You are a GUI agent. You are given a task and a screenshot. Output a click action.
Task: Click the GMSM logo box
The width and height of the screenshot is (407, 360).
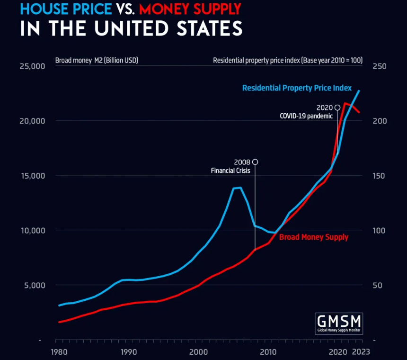(339, 324)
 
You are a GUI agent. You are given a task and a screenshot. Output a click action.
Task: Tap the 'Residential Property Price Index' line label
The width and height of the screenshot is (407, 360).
(297, 88)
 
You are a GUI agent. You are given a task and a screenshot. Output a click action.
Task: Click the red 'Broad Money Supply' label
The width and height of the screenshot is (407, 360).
(313, 237)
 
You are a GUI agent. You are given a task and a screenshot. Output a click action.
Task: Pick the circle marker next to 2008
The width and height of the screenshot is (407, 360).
(255, 162)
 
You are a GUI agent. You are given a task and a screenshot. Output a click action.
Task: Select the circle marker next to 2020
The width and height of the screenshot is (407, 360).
(337, 108)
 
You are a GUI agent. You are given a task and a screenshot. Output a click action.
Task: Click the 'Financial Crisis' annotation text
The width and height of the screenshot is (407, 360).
(230, 171)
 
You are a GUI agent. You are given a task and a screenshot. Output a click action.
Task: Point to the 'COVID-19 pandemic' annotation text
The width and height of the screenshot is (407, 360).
(306, 116)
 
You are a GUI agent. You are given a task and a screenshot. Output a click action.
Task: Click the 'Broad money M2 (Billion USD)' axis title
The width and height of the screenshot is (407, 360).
(97, 60)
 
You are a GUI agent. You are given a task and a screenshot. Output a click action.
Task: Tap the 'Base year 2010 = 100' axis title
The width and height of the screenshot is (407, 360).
(293, 60)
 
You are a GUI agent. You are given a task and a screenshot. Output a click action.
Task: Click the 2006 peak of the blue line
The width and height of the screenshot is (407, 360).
(240, 188)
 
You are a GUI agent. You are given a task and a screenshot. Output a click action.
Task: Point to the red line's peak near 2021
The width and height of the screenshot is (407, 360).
(345, 103)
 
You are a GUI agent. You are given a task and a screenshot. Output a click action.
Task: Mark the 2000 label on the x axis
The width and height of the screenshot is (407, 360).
(198, 352)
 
